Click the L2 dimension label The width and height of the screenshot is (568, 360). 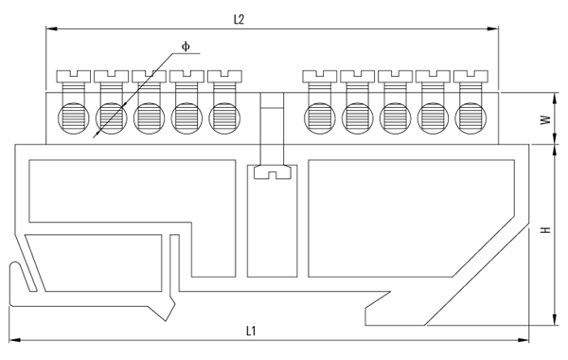240,20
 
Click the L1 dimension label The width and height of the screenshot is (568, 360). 252,331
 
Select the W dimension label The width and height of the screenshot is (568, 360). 546,120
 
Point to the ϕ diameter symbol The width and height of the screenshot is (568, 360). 186,45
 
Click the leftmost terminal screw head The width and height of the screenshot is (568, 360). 73,74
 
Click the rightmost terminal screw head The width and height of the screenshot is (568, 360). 470,74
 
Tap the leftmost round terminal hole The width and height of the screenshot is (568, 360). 73,117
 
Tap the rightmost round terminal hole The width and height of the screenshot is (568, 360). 470,117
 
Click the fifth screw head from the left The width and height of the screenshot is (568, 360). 224,74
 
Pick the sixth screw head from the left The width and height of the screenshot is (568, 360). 319,74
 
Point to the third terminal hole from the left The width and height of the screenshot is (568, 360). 149,117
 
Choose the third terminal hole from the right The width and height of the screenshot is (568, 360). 395,117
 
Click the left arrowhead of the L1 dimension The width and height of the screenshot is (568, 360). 13,340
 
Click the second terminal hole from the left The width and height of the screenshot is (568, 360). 111,117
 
